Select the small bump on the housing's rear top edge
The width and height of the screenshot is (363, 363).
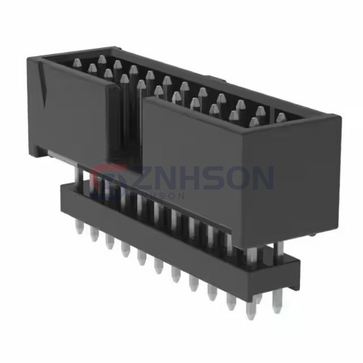212,77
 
